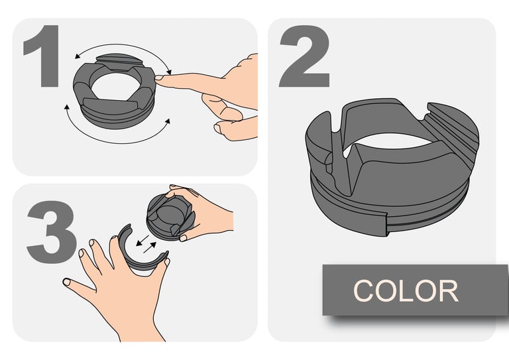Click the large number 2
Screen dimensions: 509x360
click(x=304, y=56)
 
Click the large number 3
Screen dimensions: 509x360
click(x=52, y=232)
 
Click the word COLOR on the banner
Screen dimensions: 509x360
click(x=406, y=291)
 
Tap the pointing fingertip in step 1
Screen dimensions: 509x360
click(x=159, y=78)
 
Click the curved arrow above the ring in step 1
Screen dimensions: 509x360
click(x=123, y=46)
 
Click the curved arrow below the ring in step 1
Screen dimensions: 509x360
click(x=117, y=142)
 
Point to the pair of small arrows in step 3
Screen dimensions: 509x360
click(x=146, y=245)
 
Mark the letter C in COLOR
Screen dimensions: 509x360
click(x=363, y=291)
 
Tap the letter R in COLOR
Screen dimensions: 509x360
click(x=448, y=291)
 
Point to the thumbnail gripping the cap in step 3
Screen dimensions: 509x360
click(x=183, y=238)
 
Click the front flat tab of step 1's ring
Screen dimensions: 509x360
click(x=111, y=105)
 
